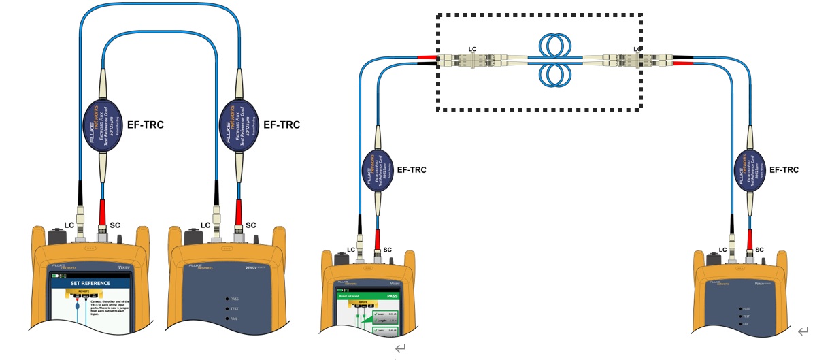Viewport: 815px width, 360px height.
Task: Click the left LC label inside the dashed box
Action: pos(473,49)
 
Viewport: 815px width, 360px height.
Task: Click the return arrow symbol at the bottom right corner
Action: pos(804,332)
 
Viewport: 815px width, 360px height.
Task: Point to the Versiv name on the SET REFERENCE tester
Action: pos(128,267)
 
